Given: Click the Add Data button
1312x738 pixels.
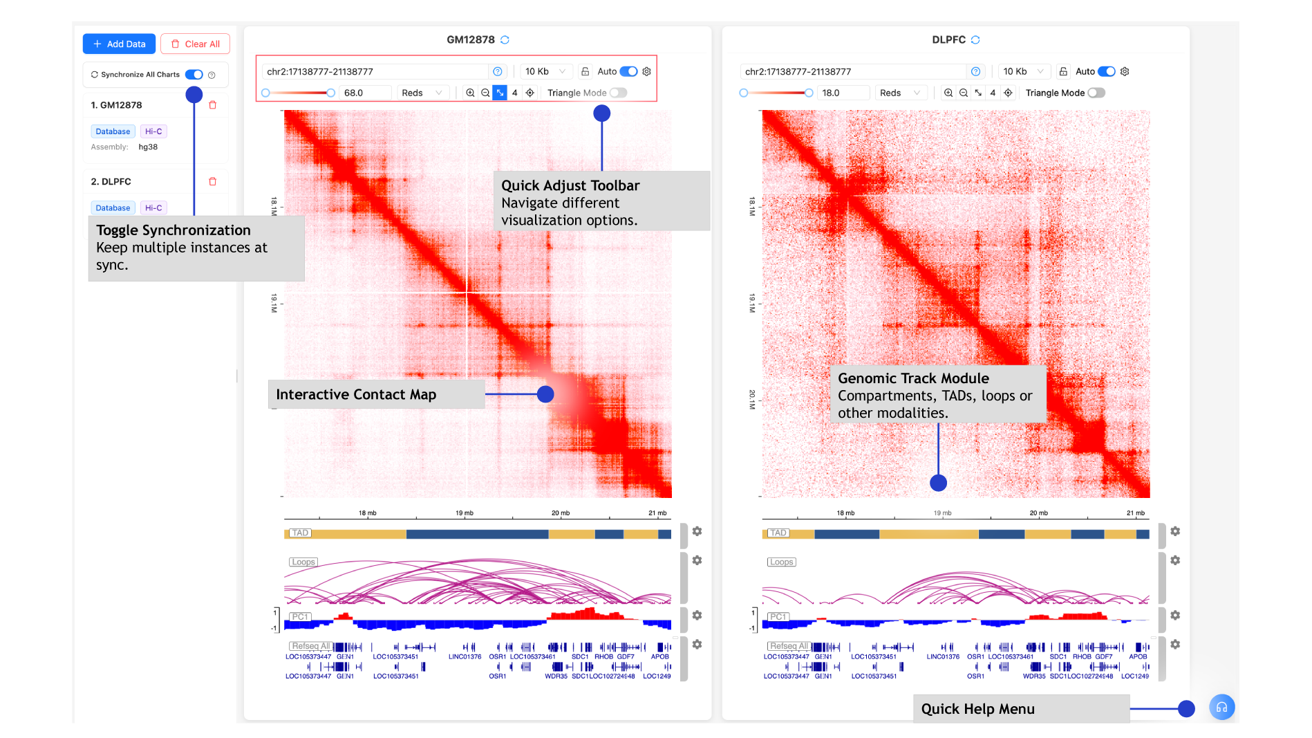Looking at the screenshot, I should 119,44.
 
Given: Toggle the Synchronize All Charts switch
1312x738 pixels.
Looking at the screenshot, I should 194,75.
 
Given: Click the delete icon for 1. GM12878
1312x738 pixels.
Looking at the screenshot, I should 213,105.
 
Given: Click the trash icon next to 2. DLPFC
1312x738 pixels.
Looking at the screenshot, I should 213,181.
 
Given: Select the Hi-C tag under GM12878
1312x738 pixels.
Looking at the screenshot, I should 153,131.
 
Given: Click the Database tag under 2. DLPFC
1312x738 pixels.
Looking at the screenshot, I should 113,207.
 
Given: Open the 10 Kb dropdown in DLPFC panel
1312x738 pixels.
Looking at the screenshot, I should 1022,71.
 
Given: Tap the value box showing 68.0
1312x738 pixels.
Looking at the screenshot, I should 364,93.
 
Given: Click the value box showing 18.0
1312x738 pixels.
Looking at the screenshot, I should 842,93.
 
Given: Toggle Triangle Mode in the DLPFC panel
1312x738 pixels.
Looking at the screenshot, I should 1096,93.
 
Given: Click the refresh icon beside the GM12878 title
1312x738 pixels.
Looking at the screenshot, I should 505,40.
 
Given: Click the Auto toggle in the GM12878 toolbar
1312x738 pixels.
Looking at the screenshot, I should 628,71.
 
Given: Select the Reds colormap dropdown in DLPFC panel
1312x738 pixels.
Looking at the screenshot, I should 899,93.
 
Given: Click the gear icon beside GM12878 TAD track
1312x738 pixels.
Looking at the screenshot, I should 697,531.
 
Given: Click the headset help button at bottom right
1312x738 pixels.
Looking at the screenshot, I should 1221,707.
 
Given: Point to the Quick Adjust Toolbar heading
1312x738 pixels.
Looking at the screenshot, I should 570,185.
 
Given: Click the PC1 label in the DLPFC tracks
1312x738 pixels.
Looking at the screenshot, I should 778,616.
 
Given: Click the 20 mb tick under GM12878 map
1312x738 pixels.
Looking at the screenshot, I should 561,513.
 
